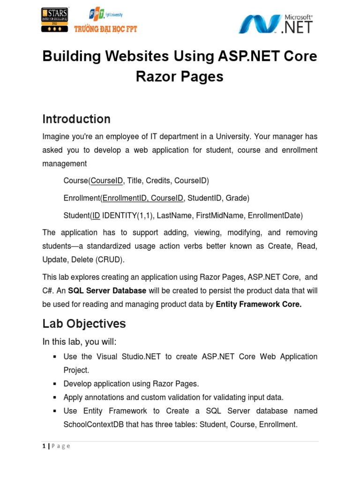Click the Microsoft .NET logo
coord(276,23)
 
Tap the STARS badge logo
coord(55,20)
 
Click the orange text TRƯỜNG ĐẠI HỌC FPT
coord(105,29)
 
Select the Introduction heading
coord(76,119)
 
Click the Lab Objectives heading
coord(84,323)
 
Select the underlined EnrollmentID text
coord(125,198)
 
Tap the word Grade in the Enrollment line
coord(237,198)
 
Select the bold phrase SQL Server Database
coord(107,291)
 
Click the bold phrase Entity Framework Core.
coord(259,304)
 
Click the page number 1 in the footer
coord(44,446)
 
